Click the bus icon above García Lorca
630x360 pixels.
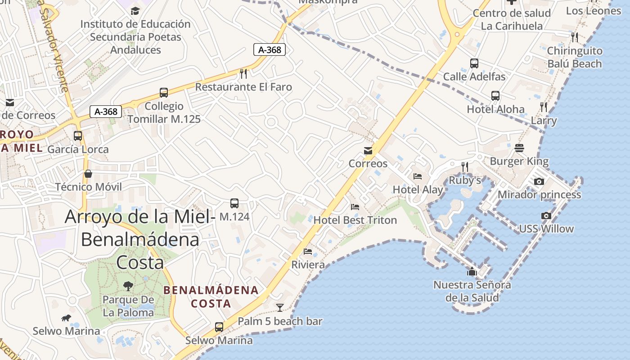click(x=78, y=135)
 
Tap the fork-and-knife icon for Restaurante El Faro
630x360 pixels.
click(x=243, y=73)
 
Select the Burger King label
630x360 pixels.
click(x=519, y=161)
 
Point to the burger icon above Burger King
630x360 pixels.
click(x=519, y=148)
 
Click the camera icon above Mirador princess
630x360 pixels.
click(x=539, y=181)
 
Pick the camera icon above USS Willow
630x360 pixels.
click(x=546, y=216)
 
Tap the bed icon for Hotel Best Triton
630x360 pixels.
click(x=355, y=207)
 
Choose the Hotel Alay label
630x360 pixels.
click(x=418, y=189)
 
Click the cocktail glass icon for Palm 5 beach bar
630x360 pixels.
click(x=280, y=308)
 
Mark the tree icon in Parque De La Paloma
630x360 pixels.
click(x=128, y=286)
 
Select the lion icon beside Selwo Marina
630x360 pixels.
click(x=66, y=318)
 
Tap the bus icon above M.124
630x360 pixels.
click(x=234, y=203)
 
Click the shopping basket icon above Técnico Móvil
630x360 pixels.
click(x=88, y=173)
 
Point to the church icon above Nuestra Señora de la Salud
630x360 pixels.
click(x=472, y=271)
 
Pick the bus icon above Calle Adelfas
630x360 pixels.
click(x=474, y=63)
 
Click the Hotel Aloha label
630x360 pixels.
click(x=495, y=109)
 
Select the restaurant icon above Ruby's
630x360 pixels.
click(x=465, y=167)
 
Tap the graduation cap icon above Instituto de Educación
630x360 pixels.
click(x=135, y=11)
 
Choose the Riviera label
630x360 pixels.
click(x=308, y=265)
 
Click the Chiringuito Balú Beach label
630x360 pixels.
click(x=574, y=57)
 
